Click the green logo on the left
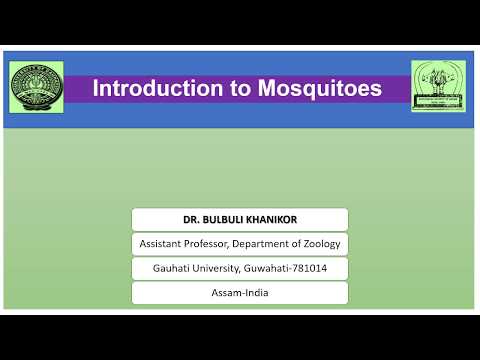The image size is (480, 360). pos(36,88)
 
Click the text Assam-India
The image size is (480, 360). pos(239,293)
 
